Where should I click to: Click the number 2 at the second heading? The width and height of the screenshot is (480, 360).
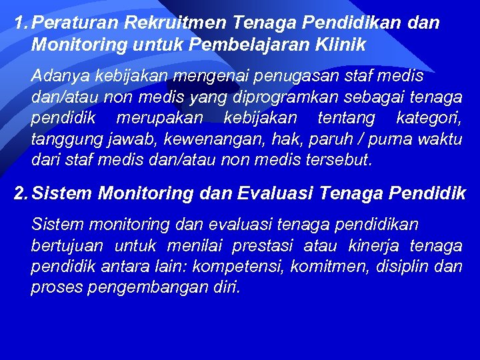point(21,194)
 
